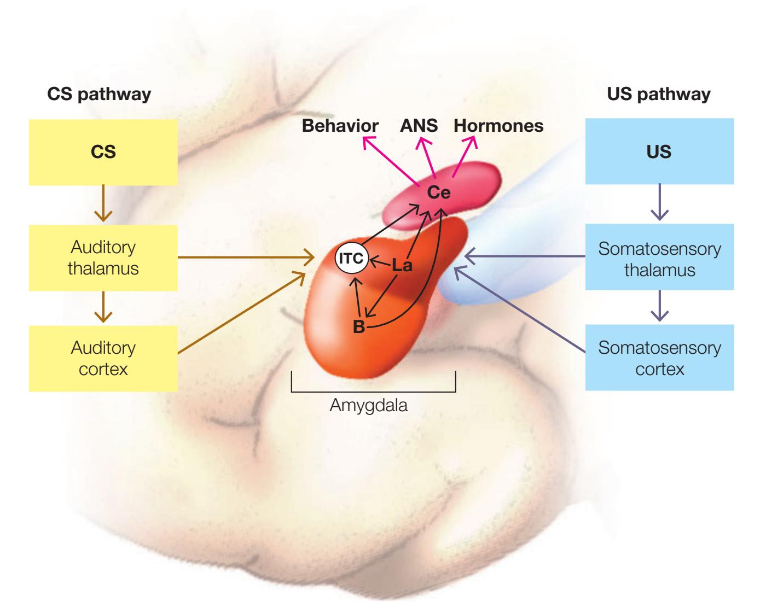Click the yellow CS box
(103, 152)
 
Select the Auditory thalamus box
(103, 258)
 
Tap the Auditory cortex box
(103, 358)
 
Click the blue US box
(659, 152)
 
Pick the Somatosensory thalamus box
(659, 259)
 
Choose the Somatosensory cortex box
(659, 358)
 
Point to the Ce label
(439, 192)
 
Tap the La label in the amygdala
(402, 266)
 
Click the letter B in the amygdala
(359, 327)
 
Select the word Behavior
(340, 126)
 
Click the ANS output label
(419, 126)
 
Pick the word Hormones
(498, 126)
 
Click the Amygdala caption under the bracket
(369, 406)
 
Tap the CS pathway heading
(99, 94)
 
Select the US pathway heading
(659, 94)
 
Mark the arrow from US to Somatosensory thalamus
(659, 202)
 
